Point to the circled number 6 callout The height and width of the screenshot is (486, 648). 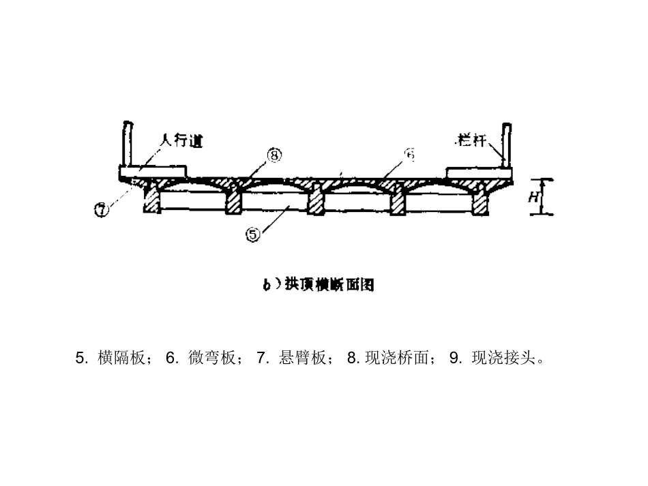[x=410, y=155]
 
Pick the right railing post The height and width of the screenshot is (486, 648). [x=505, y=144]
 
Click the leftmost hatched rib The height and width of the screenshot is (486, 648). [x=151, y=199]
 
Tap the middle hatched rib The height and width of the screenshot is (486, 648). [x=314, y=199]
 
